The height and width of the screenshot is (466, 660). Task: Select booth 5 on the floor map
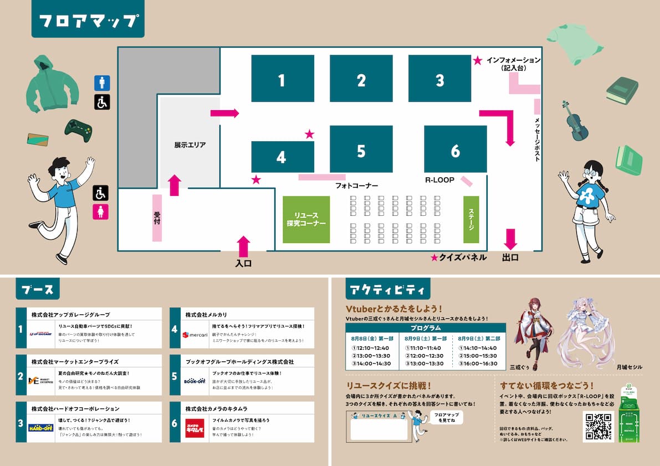361,149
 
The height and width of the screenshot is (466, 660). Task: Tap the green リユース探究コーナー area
306,219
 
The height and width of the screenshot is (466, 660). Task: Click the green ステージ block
471,219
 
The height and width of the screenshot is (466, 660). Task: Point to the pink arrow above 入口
244,246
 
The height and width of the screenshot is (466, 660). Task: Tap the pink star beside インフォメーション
478,60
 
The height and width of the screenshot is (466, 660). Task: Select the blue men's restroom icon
102,83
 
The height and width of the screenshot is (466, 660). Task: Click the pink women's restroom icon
101,212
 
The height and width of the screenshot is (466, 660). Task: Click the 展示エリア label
190,145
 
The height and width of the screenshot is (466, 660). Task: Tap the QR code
598,426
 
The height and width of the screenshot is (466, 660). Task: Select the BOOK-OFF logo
195,380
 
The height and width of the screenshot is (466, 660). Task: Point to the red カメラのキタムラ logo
195,428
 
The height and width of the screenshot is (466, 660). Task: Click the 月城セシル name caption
629,367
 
